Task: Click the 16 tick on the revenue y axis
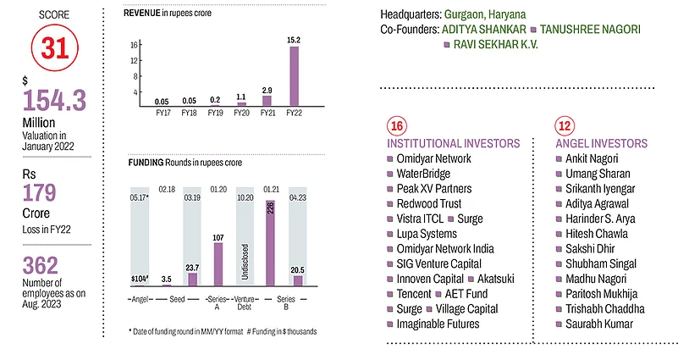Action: (134, 45)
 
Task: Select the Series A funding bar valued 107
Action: (218, 267)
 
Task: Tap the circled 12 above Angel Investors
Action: (565, 126)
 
